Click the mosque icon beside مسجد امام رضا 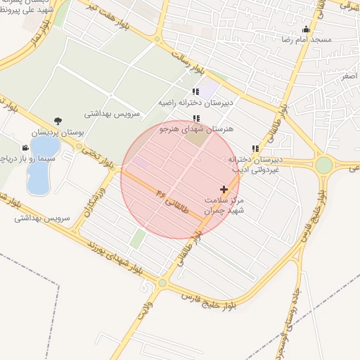[x=306, y=30]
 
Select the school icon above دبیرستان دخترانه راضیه [x=195, y=91]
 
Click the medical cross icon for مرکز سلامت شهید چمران [x=224, y=189]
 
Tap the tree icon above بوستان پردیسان [x=58, y=120]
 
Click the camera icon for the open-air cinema [x=25, y=148]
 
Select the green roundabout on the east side [x=323, y=165]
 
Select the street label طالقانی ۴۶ [x=173, y=201]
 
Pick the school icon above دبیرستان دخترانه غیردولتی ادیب [x=255, y=148]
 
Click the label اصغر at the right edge [x=347, y=75]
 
